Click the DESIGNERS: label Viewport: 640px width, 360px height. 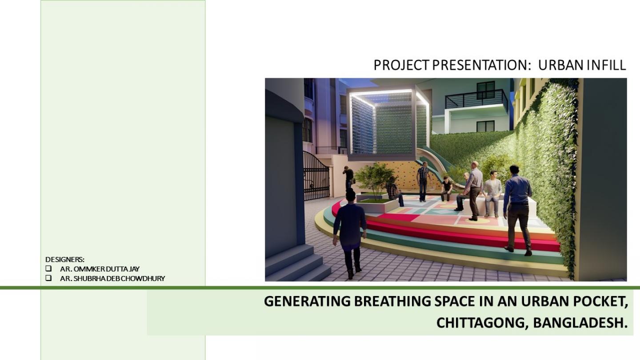(65, 260)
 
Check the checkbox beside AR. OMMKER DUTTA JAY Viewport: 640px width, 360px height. (48, 268)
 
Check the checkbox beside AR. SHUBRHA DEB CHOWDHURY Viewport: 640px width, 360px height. (48, 278)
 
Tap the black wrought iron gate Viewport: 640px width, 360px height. (316, 176)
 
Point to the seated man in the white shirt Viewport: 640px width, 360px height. (492, 194)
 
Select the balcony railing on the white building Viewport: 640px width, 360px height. (476, 99)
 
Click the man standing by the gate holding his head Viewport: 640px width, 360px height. (348, 178)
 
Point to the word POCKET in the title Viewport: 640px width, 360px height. (598, 302)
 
